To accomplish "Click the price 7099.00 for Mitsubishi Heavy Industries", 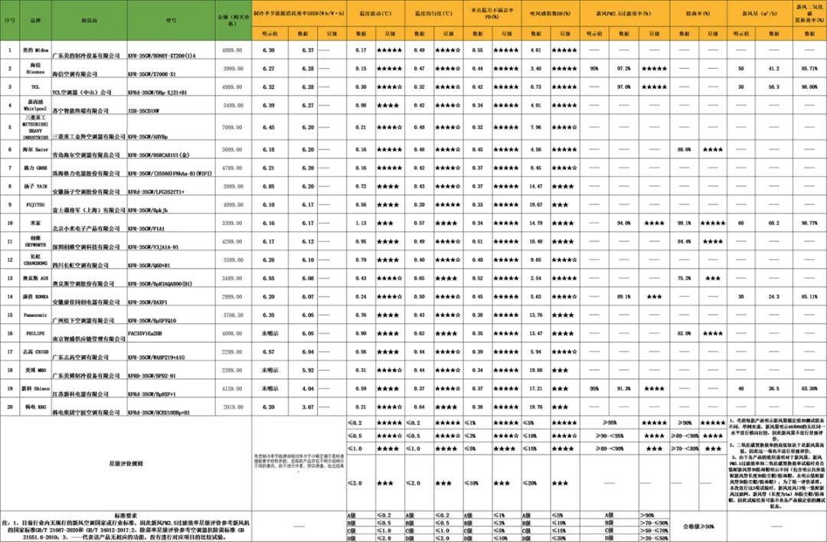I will (x=230, y=127).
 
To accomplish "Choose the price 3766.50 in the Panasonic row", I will (x=230, y=315).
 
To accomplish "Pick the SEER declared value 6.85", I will (x=269, y=186).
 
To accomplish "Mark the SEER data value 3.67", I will (x=308, y=407).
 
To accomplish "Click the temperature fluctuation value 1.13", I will (x=360, y=223).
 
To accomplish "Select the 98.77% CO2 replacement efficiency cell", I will (x=805, y=223).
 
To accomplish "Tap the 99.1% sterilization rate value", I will (x=684, y=223).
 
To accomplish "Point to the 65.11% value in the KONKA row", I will (x=805, y=296).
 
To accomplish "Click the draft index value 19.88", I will (x=536, y=370).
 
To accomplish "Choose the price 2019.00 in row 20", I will (x=230, y=407).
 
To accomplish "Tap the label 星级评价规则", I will (x=126, y=462).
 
